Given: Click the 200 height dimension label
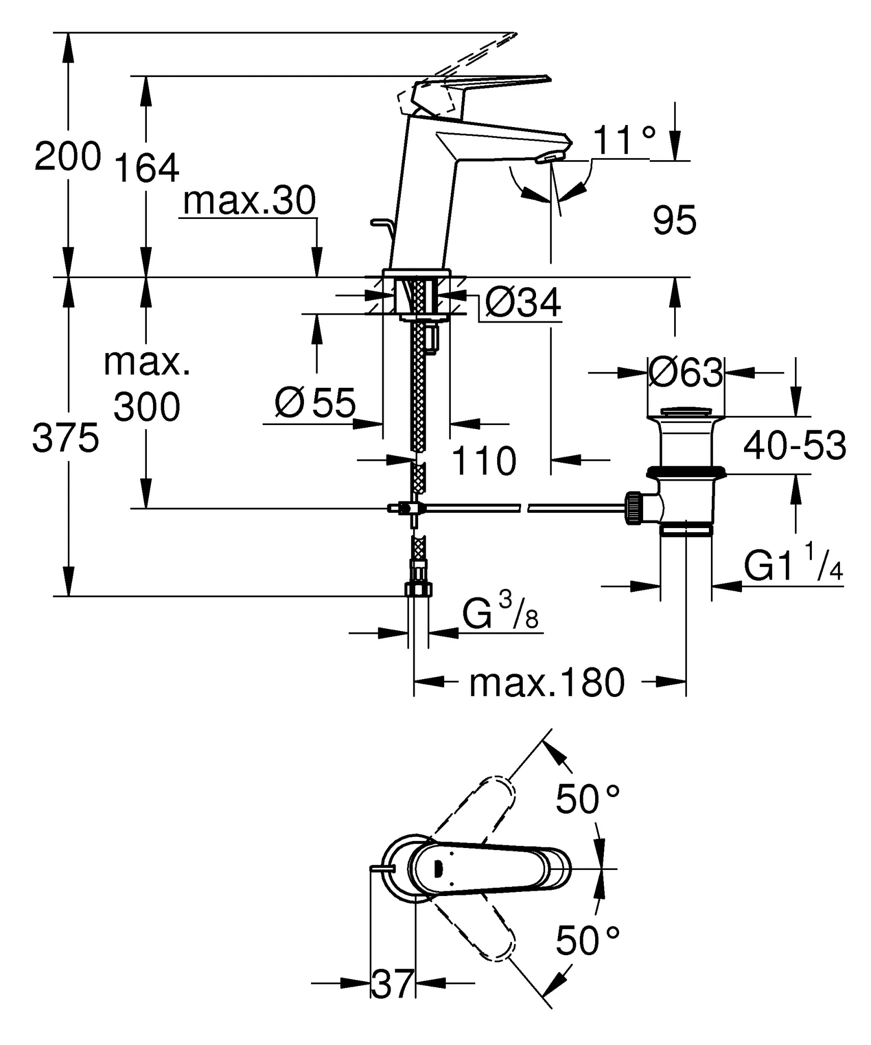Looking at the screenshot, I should pyautogui.click(x=67, y=157).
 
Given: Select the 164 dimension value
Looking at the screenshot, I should pyautogui.click(x=146, y=168).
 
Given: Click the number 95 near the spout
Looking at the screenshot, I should pyautogui.click(x=674, y=220).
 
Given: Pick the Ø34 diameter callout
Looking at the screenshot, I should pyautogui.click(x=523, y=303).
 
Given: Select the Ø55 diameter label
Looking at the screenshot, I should pyautogui.click(x=315, y=403).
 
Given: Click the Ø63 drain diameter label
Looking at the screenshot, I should pyautogui.click(x=685, y=372).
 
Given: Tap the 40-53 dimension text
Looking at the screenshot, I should pyautogui.click(x=794, y=445).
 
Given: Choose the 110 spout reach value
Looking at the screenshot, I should pyautogui.click(x=484, y=461).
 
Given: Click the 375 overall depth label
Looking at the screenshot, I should pyautogui.click(x=65, y=438).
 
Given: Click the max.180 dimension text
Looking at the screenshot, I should pyautogui.click(x=547, y=683).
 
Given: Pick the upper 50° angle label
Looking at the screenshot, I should pyautogui.click(x=587, y=799).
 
